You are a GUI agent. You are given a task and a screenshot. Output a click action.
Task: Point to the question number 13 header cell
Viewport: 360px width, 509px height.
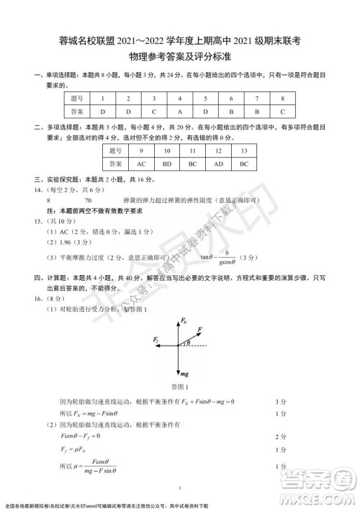[243, 151]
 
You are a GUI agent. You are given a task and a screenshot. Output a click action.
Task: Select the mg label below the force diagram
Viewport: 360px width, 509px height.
[184, 374]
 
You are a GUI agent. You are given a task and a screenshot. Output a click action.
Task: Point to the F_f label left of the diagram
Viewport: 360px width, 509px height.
[157, 338]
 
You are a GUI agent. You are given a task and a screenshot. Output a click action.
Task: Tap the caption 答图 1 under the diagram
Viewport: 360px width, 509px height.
[181, 389]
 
